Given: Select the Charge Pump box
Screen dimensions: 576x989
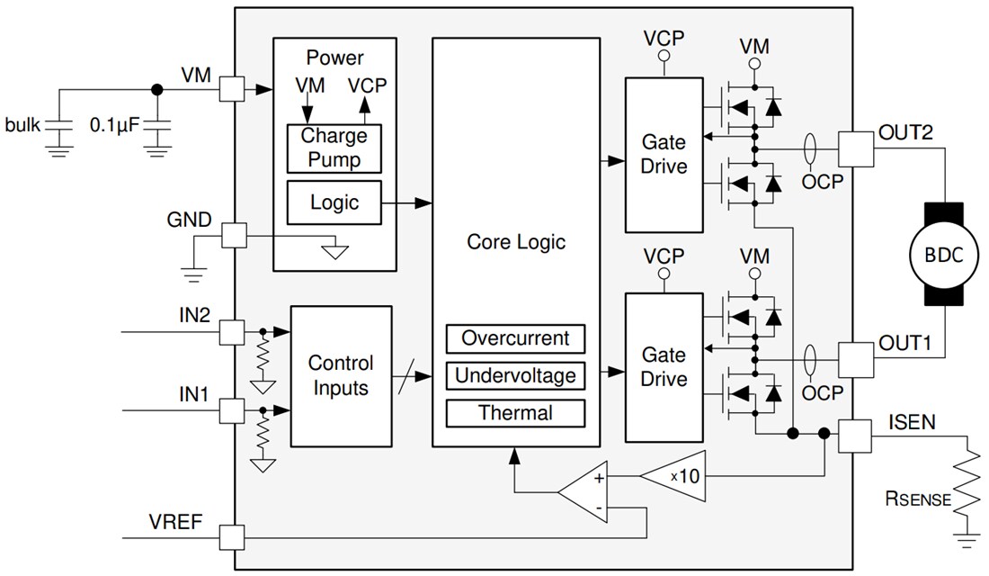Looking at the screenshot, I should [334, 148].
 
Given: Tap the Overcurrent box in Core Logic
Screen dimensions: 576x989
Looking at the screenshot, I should [515, 339].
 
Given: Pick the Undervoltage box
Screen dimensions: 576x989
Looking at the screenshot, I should [515, 375].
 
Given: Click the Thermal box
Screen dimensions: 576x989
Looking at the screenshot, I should [515, 413].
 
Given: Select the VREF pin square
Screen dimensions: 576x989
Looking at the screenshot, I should [232, 538].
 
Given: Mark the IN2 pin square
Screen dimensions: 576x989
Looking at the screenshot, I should [232, 333].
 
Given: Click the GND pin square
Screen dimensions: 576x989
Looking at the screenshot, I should [232, 236].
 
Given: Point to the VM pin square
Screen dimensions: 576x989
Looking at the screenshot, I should [232, 89].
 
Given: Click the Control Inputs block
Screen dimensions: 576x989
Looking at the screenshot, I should [341, 375].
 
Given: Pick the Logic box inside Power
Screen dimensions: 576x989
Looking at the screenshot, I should [334, 202].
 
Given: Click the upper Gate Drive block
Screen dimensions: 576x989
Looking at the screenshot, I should [664, 153].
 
